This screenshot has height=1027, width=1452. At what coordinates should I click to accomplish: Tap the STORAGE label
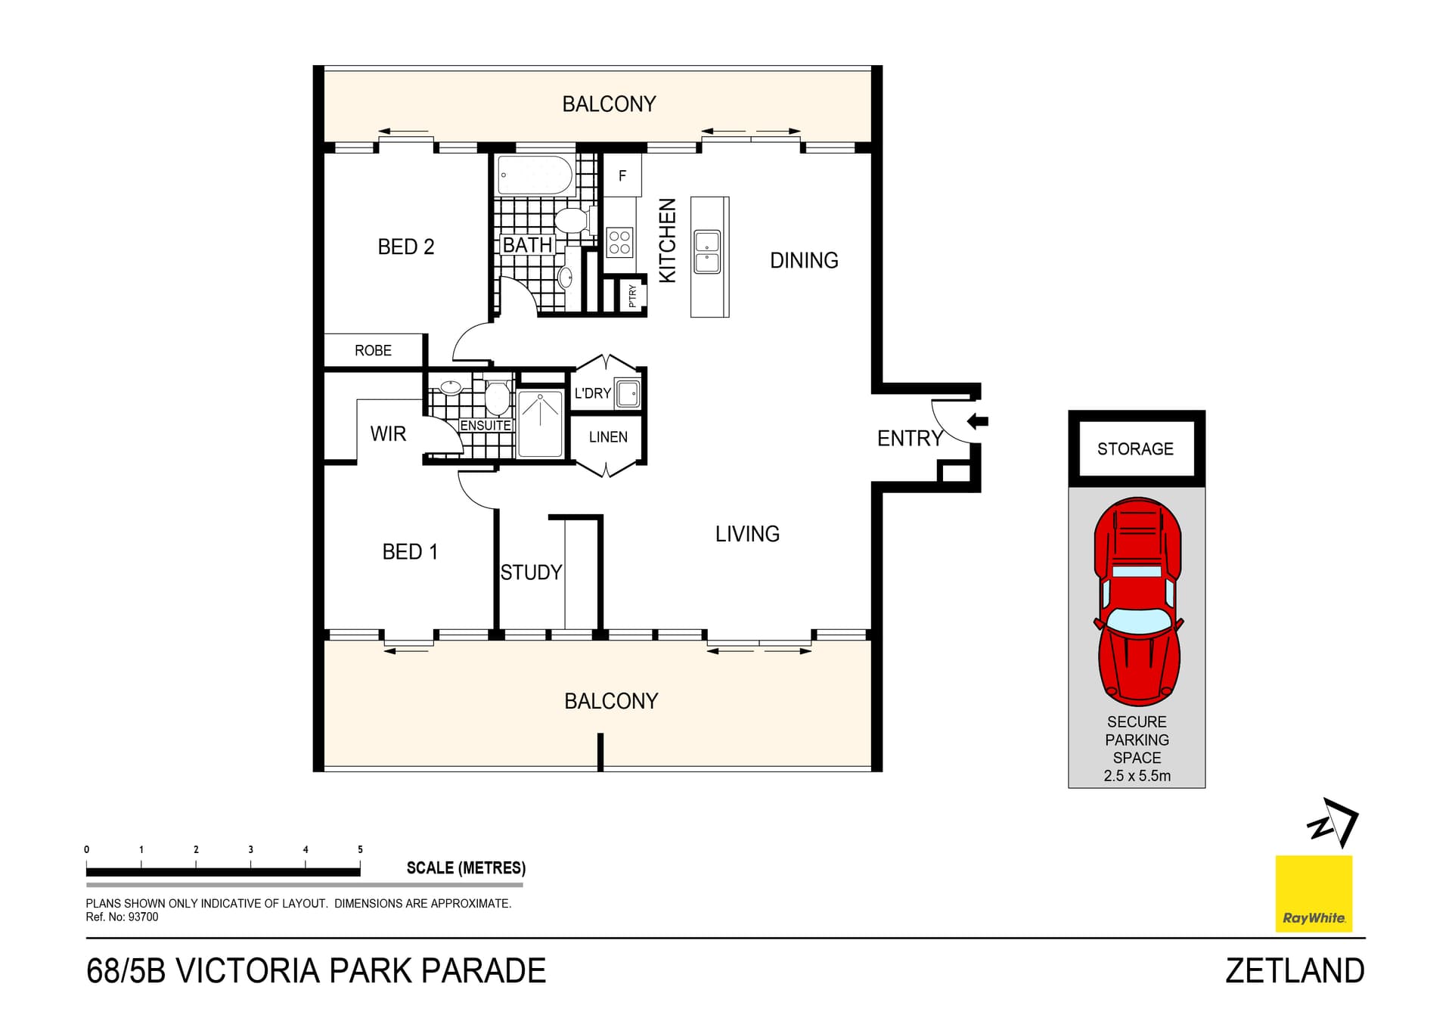(1135, 448)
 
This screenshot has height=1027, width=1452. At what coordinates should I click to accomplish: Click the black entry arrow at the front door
(978, 421)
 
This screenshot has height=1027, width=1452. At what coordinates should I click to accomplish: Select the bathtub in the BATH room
(535, 175)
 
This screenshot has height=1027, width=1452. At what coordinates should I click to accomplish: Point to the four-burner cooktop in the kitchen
(619, 243)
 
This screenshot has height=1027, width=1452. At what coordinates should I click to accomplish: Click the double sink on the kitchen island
(707, 252)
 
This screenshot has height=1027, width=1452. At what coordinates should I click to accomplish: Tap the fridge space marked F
(622, 175)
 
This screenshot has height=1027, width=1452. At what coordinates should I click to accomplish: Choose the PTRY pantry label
(633, 296)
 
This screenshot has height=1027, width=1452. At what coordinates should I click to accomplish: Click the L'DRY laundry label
(592, 393)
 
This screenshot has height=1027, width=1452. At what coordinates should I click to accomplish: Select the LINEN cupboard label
(608, 437)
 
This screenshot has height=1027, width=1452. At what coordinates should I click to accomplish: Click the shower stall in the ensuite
(540, 424)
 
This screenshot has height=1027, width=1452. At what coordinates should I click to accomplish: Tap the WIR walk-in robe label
(388, 433)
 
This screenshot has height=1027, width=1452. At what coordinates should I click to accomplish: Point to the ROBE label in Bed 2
(373, 350)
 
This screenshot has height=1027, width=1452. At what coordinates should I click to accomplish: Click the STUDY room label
(531, 572)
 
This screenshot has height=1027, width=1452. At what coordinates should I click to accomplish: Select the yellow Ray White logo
(1314, 893)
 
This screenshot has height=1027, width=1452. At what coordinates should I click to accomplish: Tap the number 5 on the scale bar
(360, 849)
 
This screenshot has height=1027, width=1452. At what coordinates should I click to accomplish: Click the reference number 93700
(143, 917)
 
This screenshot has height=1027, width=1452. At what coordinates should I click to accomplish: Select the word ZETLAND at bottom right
(1295, 971)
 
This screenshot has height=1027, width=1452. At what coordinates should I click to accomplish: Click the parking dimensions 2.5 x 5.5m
(1137, 776)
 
